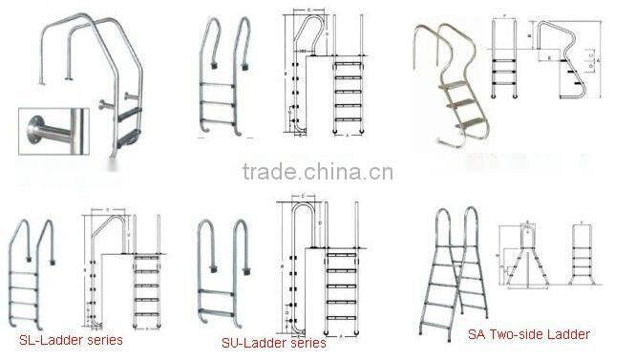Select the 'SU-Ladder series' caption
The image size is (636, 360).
[275, 342]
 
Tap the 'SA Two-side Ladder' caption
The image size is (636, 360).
[528, 334]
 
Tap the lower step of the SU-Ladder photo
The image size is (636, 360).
[221, 297]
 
